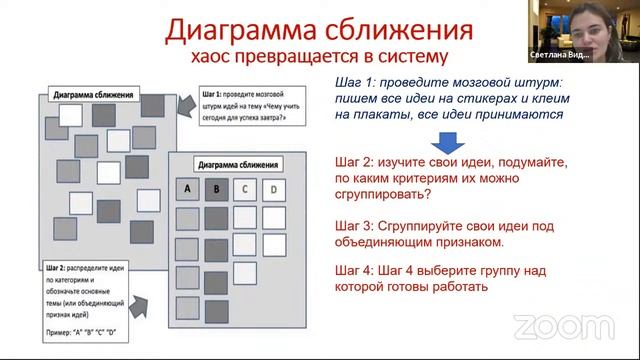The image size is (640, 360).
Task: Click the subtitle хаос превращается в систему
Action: coord(320,56)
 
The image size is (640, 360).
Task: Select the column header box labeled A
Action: coord(186,186)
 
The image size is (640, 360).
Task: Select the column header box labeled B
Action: coord(216,186)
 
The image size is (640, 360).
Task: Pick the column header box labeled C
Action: coord(246,186)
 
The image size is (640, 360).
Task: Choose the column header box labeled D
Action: coord(274,186)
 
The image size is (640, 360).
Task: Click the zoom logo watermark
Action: coord(549,326)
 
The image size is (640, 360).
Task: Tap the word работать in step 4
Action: coord(459,288)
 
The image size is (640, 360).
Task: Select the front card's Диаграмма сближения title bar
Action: coord(236,162)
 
